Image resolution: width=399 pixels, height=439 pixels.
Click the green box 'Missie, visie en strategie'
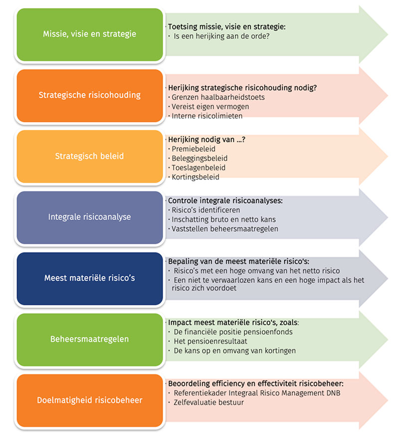click(90, 34)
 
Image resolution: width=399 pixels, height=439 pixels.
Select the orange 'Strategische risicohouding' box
click(90, 95)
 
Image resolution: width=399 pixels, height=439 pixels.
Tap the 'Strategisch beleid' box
click(90, 156)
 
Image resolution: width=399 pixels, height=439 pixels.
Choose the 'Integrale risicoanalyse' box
click(90, 218)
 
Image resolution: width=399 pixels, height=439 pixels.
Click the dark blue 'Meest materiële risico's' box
click(90, 279)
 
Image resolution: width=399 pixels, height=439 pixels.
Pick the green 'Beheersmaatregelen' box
click(90, 340)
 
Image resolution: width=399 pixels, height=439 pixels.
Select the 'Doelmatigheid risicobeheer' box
click(90, 401)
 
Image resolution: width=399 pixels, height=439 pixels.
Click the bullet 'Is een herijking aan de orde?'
click(221, 36)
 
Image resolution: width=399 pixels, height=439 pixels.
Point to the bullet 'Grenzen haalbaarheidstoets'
click(218, 97)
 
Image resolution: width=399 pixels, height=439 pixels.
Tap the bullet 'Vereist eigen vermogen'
click(210, 107)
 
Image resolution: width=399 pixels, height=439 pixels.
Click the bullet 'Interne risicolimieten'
click(207, 116)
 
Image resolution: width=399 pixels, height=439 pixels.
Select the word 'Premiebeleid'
click(194, 149)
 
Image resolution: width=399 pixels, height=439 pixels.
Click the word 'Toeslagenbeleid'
click(199, 168)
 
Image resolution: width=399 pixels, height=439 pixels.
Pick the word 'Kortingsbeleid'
click(196, 177)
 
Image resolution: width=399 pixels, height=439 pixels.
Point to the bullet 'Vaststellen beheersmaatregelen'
click(225, 229)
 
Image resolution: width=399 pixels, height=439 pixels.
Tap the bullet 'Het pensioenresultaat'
click(210, 341)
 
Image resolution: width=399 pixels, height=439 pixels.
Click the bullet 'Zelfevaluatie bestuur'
click(208, 403)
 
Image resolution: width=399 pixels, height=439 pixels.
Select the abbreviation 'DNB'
click(333, 393)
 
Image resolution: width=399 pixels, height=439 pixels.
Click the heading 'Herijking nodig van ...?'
click(206, 139)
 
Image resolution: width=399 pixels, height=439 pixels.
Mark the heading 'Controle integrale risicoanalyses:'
click(225, 200)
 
